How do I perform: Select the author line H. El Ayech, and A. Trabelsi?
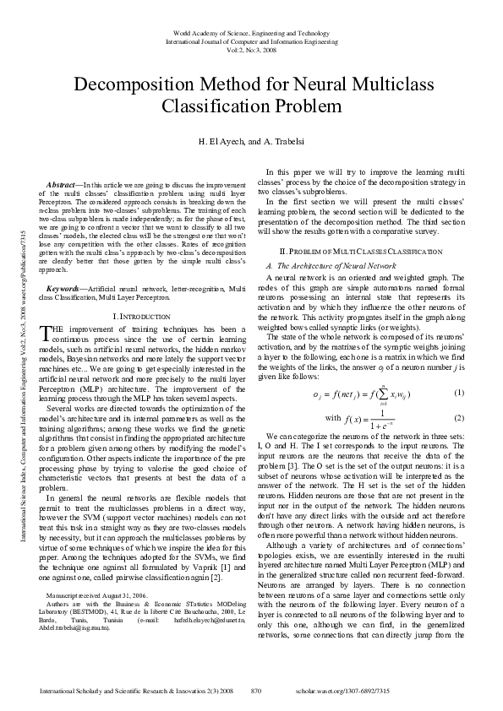(251, 140)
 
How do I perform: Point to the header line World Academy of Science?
(251, 30)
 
